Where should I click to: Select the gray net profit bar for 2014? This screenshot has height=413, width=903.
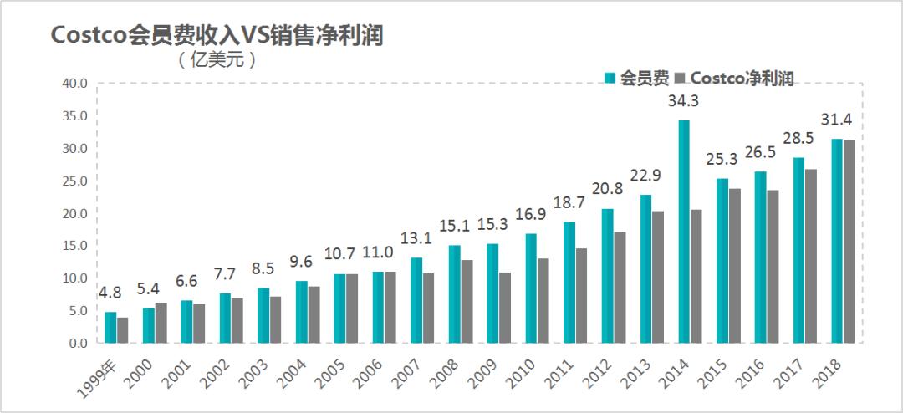696,276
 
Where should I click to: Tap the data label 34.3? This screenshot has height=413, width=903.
683,101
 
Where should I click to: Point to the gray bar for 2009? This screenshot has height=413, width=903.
505,307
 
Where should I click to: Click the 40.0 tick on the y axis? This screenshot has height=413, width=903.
74,84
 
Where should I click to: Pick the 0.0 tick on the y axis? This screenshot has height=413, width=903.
78,344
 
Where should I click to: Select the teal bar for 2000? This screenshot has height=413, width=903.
149,325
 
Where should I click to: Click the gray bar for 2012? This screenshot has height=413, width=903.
620,287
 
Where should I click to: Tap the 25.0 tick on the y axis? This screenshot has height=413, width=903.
74,181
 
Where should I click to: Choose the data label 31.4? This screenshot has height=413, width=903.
842,119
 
